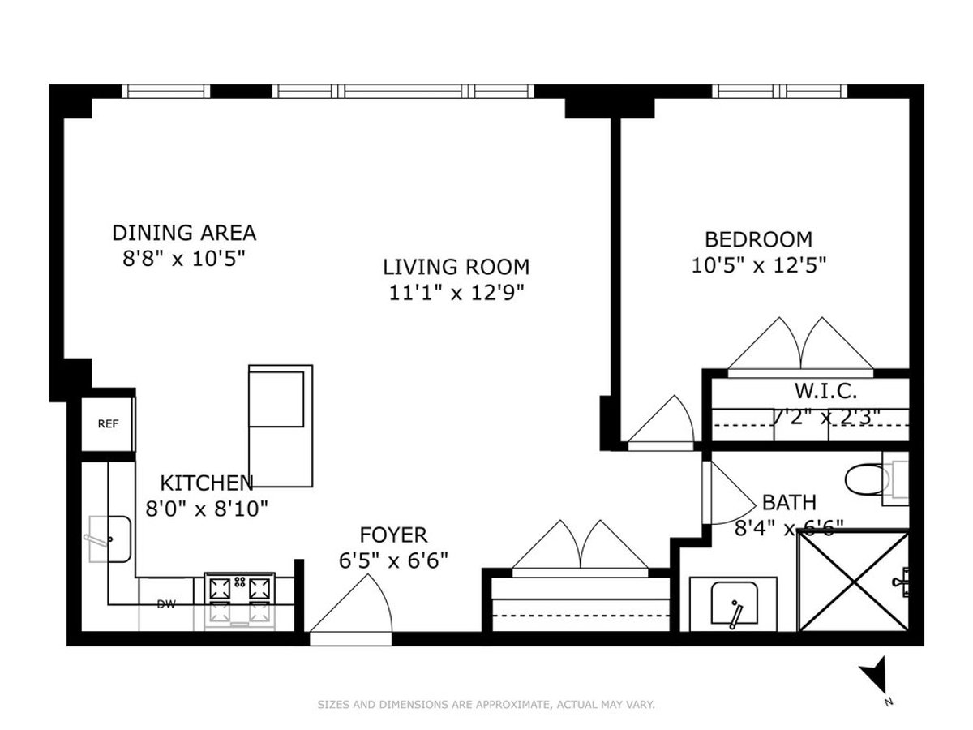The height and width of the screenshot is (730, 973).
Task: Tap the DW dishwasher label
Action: coord(166,603)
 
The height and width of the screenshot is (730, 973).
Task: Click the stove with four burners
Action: coord(239,599)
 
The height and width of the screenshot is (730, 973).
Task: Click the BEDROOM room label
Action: coord(758,239)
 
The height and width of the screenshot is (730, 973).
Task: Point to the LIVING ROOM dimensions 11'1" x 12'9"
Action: coord(456,292)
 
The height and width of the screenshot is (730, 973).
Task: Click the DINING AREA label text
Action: coord(184,233)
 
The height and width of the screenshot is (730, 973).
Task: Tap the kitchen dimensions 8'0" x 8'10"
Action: coord(206,509)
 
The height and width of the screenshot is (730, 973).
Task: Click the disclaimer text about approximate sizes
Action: coord(486,705)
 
